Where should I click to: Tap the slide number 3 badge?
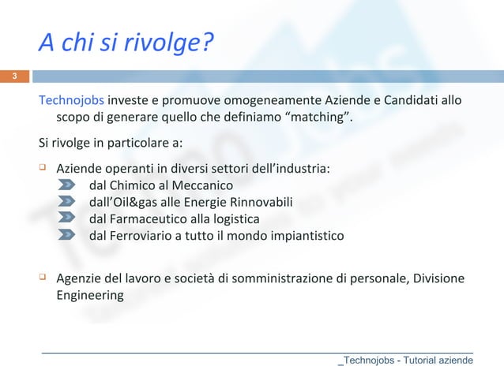[x=13, y=77]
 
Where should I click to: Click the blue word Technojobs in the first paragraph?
[x=72, y=102]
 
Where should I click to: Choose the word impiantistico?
[x=303, y=235]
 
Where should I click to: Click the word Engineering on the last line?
[x=89, y=297]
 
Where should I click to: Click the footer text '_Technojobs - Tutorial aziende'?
[x=405, y=360]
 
